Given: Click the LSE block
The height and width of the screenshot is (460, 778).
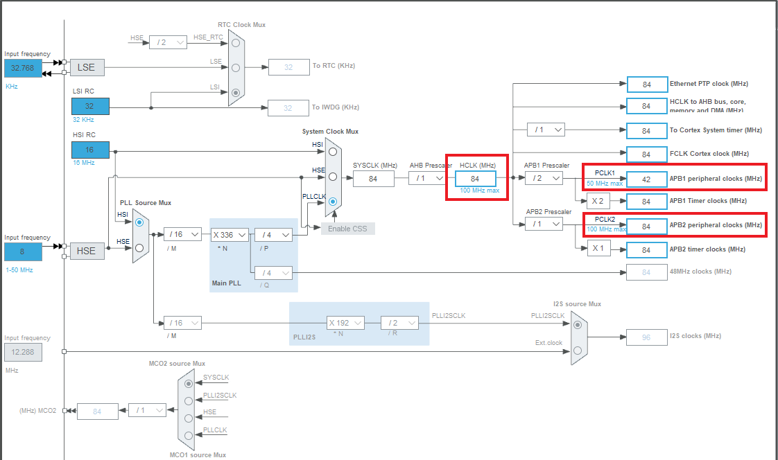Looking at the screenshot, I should tap(86, 67).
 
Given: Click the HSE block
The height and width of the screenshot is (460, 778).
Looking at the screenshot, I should tap(86, 251).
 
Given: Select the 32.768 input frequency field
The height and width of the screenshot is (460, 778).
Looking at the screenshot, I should tap(23, 68).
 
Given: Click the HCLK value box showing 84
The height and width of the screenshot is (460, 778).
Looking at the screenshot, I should tap(475, 179).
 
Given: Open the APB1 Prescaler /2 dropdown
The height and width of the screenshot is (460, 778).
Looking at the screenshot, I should tap(544, 179).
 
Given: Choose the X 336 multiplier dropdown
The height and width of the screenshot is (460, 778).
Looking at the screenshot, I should tap(230, 235).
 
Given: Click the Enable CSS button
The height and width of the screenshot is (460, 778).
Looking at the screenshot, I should tap(347, 229).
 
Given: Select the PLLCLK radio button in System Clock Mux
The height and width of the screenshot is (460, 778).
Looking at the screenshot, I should tap(334, 202).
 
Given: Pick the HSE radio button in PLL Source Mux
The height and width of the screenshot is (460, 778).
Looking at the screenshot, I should tap(139, 247).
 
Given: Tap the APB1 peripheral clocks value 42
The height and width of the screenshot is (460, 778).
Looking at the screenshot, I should tap(646, 179).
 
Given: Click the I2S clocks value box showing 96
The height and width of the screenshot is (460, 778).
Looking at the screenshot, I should tap(646, 337).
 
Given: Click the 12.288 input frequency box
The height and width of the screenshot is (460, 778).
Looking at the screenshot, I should tap(23, 353).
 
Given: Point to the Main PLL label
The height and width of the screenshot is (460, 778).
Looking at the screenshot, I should tap(226, 283).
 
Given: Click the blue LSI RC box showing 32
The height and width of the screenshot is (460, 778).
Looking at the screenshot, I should tap(90, 106).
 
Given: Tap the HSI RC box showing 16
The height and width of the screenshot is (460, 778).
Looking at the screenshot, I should tap(90, 150).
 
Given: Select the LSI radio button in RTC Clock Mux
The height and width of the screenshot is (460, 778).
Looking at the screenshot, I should tap(236, 92).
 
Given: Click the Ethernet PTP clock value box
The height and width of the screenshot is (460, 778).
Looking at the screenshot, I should tap(646, 85).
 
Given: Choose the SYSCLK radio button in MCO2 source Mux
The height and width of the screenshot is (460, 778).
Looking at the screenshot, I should tap(189, 383).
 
